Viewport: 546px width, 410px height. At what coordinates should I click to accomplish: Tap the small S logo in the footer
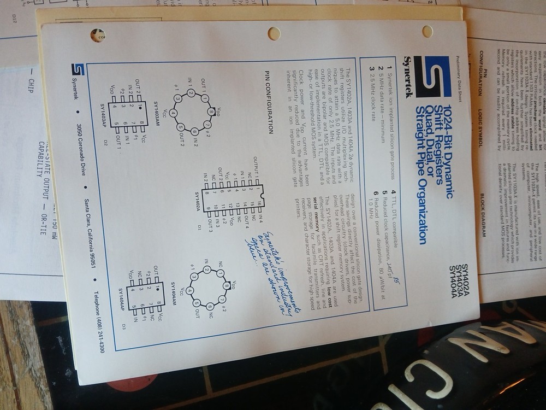78,71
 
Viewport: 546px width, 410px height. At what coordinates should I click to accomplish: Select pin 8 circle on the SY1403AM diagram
211,112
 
